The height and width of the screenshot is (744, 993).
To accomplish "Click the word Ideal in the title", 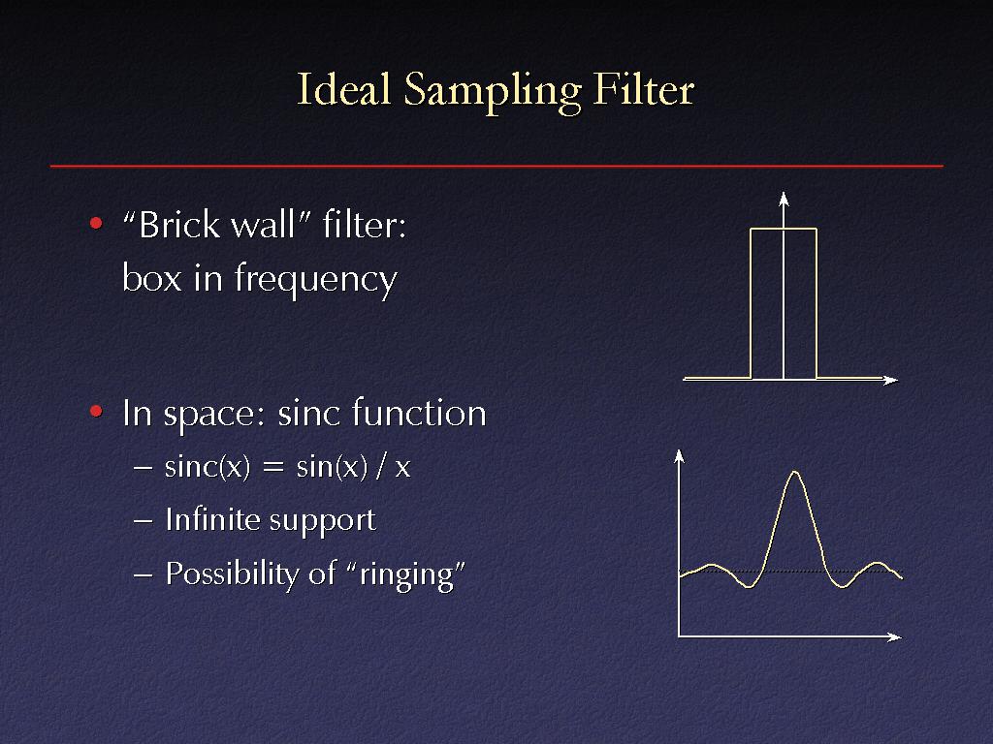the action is (344, 89).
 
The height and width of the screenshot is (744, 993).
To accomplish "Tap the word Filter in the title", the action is (644, 89).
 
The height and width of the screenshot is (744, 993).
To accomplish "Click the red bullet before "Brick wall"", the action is (96, 223).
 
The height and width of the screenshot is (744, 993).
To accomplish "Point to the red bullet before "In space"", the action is (96, 411).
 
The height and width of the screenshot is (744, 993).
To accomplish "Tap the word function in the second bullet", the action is (419, 413).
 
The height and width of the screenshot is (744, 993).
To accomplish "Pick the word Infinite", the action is (212, 519).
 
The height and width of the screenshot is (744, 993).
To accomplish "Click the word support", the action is (323, 522).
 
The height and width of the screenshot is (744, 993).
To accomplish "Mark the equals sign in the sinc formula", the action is (272, 468).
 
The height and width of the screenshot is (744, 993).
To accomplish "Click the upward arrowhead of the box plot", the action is (784, 199).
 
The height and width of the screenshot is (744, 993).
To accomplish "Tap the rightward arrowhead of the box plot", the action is (891, 380).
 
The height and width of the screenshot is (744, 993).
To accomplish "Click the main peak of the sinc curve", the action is (795, 472).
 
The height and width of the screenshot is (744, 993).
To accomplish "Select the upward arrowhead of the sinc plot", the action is (679, 456).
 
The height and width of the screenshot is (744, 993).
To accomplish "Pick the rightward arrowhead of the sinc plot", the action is (894, 637).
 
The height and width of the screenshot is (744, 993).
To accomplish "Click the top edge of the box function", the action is (784, 229).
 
